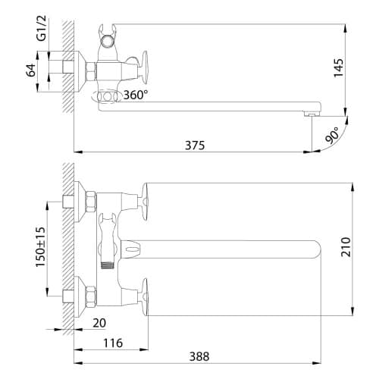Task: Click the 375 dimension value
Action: [x=195, y=146]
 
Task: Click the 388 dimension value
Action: [x=199, y=356]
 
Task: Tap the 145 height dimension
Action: [x=339, y=67]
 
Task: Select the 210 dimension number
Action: [x=346, y=247]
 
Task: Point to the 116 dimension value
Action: [x=113, y=343]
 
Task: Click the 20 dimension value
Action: [x=99, y=323]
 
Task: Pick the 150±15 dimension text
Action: [x=40, y=247]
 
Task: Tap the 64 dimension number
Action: [x=31, y=70]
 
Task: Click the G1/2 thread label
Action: [x=42, y=28]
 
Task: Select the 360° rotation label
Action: [x=136, y=95]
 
